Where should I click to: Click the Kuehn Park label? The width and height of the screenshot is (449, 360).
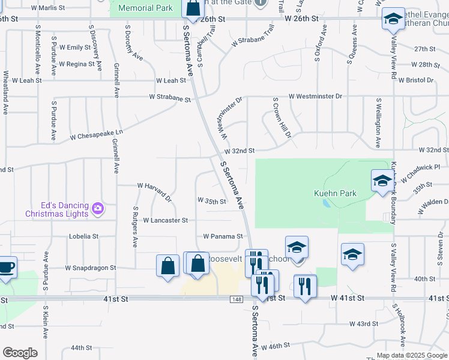click(x=335, y=193)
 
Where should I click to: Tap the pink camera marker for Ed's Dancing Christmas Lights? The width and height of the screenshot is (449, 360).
click(x=98, y=209)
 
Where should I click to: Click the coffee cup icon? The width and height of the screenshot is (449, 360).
click(x=5, y=267)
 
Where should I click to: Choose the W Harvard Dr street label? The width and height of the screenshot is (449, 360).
click(x=155, y=190)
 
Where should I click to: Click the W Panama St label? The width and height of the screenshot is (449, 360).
click(x=223, y=236)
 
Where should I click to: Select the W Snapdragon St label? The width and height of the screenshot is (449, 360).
click(x=90, y=268)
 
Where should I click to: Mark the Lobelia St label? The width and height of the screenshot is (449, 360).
click(x=83, y=236)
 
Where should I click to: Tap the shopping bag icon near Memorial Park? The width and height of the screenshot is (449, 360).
click(x=193, y=8)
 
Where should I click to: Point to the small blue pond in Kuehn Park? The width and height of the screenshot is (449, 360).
click(x=326, y=203)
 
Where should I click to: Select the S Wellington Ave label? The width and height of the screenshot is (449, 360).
click(x=378, y=123)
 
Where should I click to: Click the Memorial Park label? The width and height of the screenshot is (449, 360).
click(x=145, y=8)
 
